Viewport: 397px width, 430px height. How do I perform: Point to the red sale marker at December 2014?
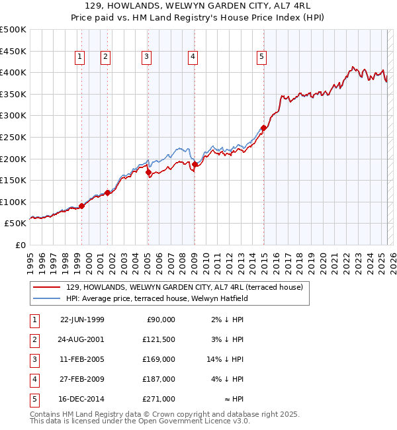coord(263,128)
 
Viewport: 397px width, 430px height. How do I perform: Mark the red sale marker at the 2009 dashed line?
coord(195,164)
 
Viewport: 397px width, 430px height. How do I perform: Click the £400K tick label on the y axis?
coord(13,73)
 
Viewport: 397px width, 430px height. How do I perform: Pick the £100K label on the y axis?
coord(13,202)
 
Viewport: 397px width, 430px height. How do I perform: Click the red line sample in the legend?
coord(46,287)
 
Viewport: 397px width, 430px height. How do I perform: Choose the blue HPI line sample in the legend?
coord(46,298)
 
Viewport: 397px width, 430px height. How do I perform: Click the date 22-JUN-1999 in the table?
coord(82,320)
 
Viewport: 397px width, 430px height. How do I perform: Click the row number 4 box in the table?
coord(34,379)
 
